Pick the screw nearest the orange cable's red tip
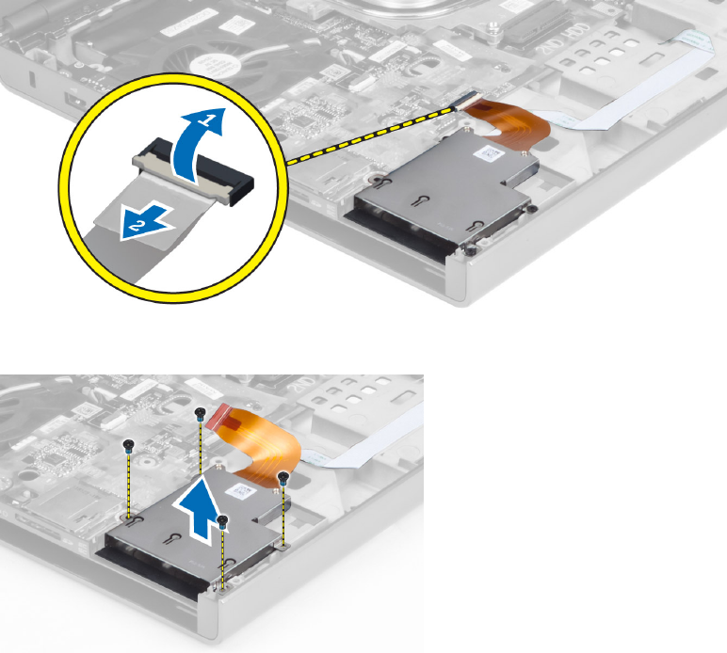(x=201, y=413)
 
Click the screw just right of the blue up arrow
(x=222, y=519)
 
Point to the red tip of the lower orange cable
(x=218, y=412)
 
